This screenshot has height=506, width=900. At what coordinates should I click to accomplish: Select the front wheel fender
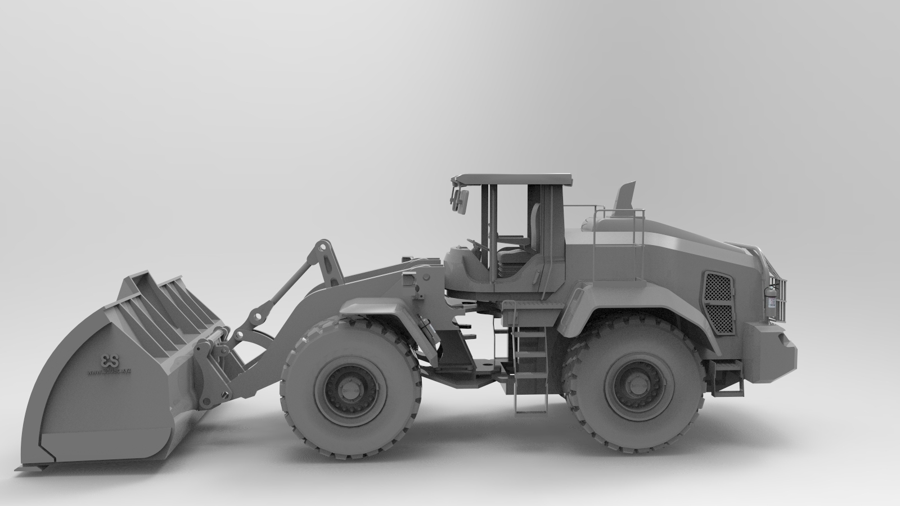point(371,308)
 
